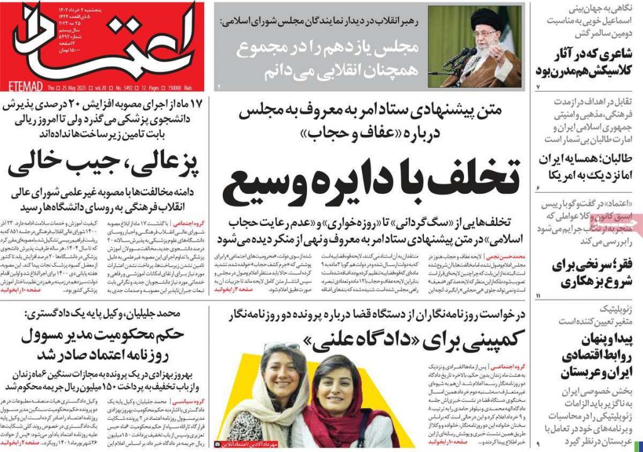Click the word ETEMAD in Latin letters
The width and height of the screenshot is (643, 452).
point(24,85)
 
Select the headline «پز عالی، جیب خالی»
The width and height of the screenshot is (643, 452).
point(103,164)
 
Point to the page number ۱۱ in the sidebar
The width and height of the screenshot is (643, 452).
point(539,295)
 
